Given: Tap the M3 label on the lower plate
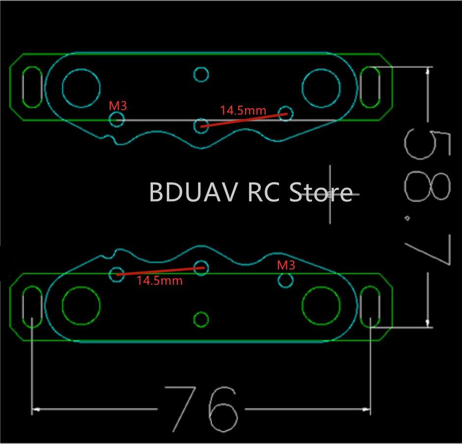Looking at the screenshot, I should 286,266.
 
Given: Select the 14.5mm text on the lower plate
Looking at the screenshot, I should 159,281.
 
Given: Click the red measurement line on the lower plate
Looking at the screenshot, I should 160,271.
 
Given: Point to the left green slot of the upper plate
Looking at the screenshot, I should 32,87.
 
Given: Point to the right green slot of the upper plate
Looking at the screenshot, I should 370,87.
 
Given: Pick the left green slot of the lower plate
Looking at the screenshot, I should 32,305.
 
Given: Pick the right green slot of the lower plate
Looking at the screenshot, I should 370,305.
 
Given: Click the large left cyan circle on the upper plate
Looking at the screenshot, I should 81,88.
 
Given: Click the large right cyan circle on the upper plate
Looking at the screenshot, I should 321,88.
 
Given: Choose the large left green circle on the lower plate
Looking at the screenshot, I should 81,305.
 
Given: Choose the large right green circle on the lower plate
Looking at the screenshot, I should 321,305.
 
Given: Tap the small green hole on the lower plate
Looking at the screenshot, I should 201,319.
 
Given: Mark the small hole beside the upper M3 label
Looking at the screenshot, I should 117,118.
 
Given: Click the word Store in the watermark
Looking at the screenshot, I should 320,192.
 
